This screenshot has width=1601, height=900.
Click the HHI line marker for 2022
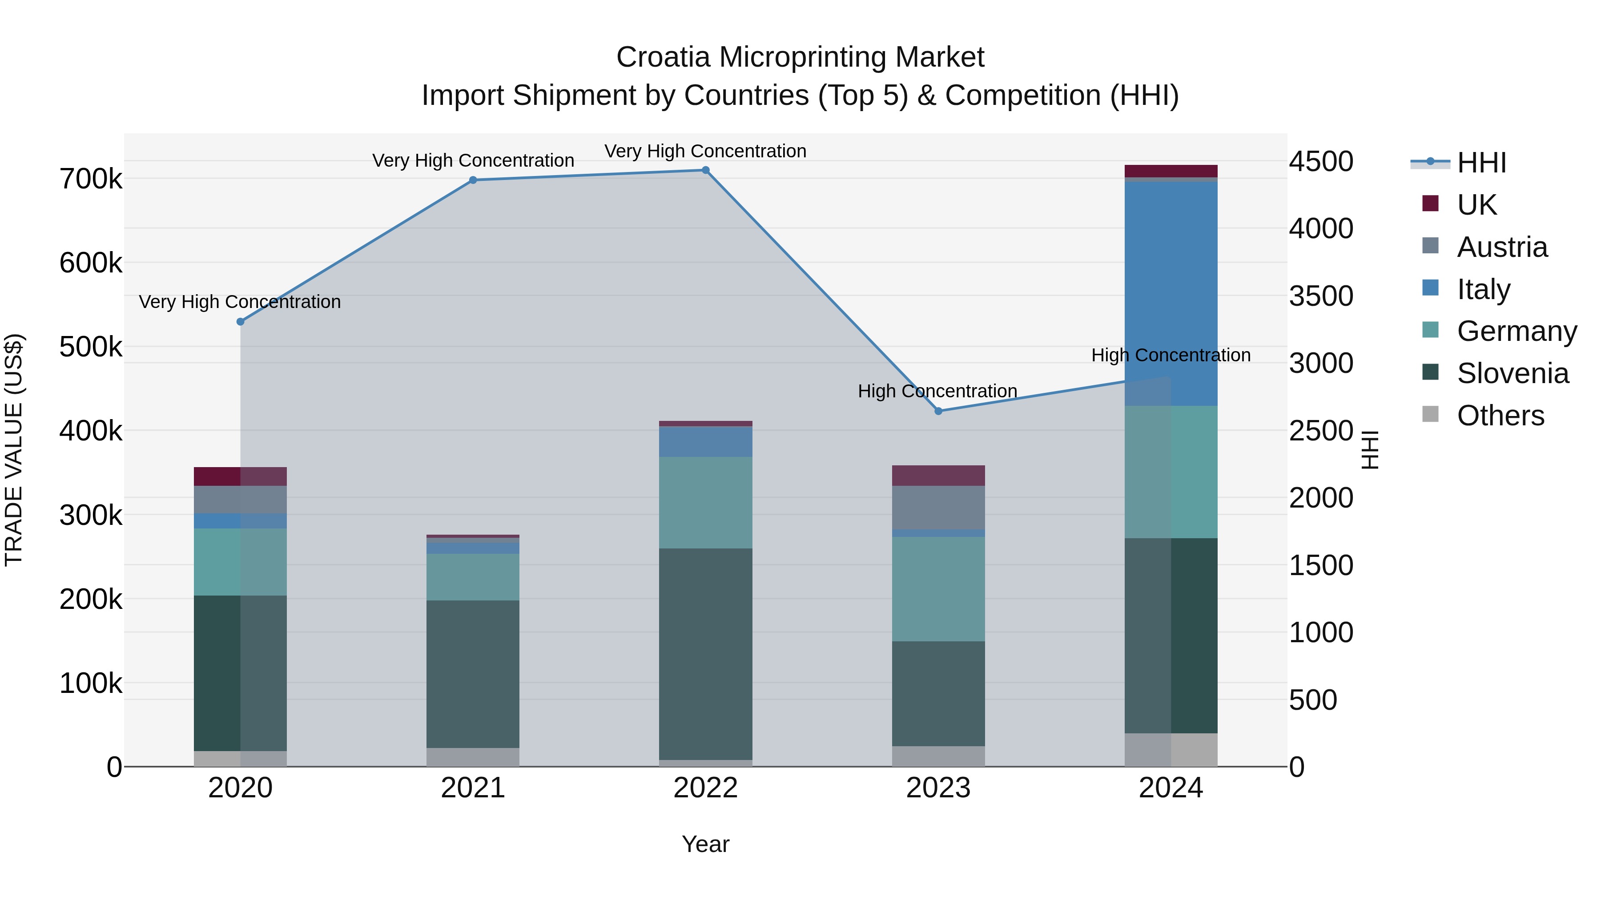point(705,170)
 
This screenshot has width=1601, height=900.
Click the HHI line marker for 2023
point(938,411)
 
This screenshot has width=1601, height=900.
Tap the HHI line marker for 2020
point(241,322)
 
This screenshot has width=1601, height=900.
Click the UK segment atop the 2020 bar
point(241,476)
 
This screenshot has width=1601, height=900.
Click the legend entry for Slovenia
point(1512,373)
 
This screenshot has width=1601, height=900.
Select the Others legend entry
point(1500,416)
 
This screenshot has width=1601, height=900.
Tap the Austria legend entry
point(1501,247)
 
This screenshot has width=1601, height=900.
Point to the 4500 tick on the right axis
point(1321,161)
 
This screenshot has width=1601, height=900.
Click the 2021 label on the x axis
point(473,788)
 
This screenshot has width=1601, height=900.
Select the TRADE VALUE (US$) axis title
point(14,450)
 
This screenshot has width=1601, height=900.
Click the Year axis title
point(705,844)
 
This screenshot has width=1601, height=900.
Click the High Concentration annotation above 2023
point(937,391)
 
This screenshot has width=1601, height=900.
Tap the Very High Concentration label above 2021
point(473,160)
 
